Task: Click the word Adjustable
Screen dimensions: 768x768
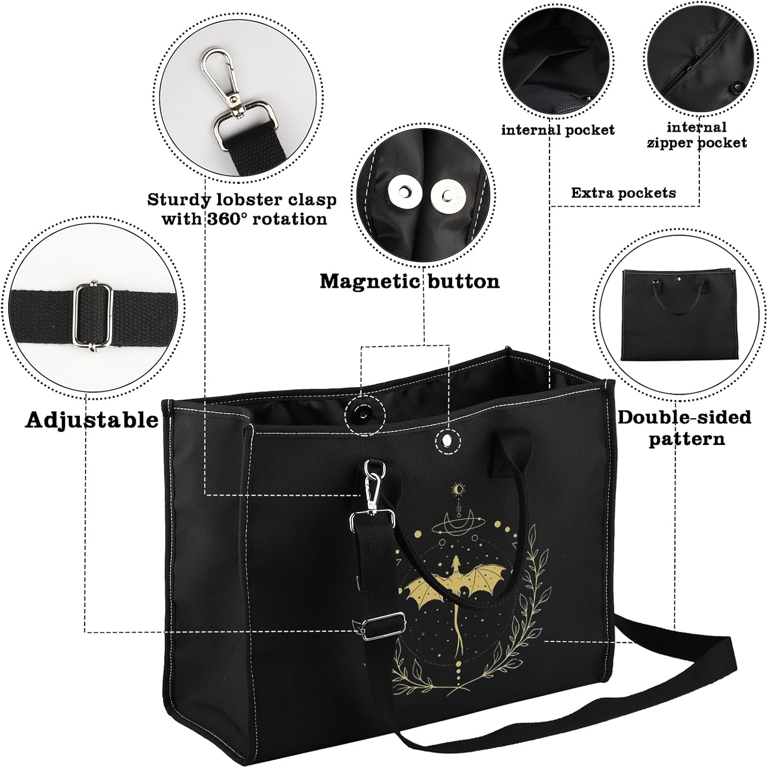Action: pyautogui.click(x=92, y=420)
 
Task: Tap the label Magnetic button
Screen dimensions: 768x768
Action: pyautogui.click(x=410, y=281)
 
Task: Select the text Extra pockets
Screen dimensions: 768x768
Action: pyautogui.click(x=623, y=193)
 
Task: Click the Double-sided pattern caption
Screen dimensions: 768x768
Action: pyautogui.click(x=685, y=428)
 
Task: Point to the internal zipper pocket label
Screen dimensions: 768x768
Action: pyautogui.click(x=697, y=134)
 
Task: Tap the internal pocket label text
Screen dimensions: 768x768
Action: pyautogui.click(x=558, y=130)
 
